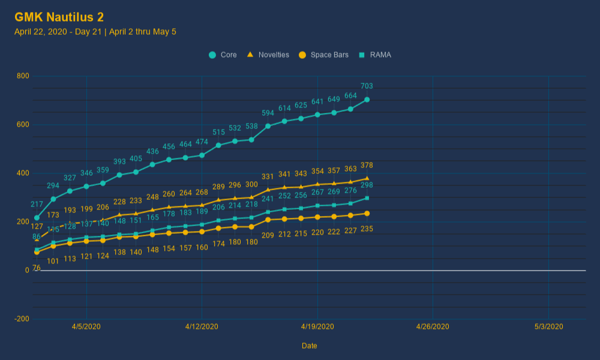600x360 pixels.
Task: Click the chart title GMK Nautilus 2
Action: coord(59,17)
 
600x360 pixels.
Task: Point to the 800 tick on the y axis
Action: coord(23,76)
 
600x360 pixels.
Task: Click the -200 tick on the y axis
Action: coord(22,319)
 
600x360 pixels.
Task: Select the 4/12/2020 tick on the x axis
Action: coord(202,327)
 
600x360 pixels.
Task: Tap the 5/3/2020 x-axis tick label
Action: coord(548,327)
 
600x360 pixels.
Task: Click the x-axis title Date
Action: coord(310,346)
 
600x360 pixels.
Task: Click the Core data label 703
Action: coord(367,86)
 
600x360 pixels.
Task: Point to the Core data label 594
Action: coord(268,113)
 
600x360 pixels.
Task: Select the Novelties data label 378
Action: coord(367,166)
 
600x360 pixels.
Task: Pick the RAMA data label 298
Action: coord(367,185)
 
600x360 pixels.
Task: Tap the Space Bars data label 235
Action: coord(367,229)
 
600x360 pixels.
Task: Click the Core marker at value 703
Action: coord(367,100)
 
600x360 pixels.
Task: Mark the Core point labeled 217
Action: coord(37,218)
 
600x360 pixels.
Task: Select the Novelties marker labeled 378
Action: coord(367,178)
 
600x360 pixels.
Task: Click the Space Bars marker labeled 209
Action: coord(268,220)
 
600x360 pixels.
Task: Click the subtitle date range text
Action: coord(95,32)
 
